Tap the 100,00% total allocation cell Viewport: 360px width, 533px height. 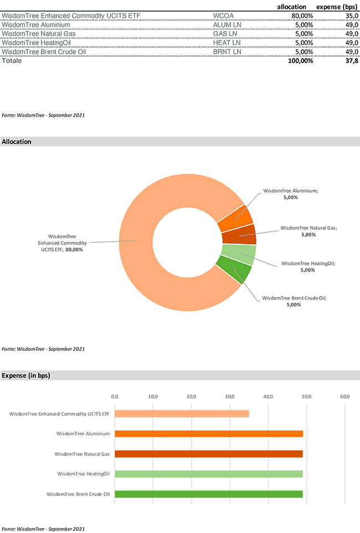pyautogui.click(x=300, y=61)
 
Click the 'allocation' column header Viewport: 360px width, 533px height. pyautogui.click(x=291, y=7)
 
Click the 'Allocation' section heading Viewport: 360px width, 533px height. pyautogui.click(x=17, y=142)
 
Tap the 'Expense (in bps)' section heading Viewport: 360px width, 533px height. pyautogui.click(x=26, y=376)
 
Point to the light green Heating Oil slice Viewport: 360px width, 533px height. pyautogui.click(x=239, y=255)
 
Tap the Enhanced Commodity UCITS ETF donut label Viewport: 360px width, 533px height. pyautogui.click(x=61, y=243)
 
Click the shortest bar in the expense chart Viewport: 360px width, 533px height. pyautogui.click(x=182, y=414)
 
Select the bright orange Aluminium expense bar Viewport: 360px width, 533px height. pyautogui.click(x=209, y=434)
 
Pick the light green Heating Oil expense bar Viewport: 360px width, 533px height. pyautogui.click(x=209, y=474)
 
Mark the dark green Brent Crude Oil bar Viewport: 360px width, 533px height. pyautogui.click(x=209, y=494)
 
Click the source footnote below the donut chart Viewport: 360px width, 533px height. pyautogui.click(x=43, y=350)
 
